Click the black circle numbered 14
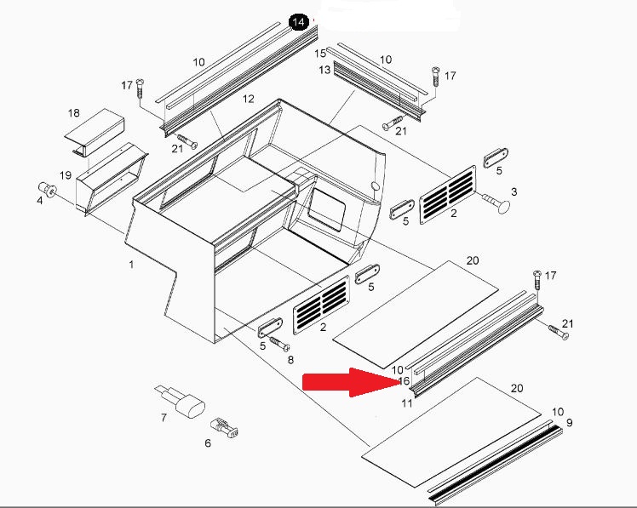(298, 22)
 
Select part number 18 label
(73, 113)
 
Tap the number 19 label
(66, 175)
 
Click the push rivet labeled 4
(47, 189)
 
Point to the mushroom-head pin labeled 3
(496, 202)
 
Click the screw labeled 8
(278, 343)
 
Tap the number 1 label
(131, 265)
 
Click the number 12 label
(248, 99)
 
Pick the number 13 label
(324, 70)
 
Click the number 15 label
(320, 54)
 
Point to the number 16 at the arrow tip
(405, 381)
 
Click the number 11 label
(407, 403)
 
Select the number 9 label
(569, 423)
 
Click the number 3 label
(514, 191)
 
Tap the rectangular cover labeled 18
(95, 133)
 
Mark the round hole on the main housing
(376, 186)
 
